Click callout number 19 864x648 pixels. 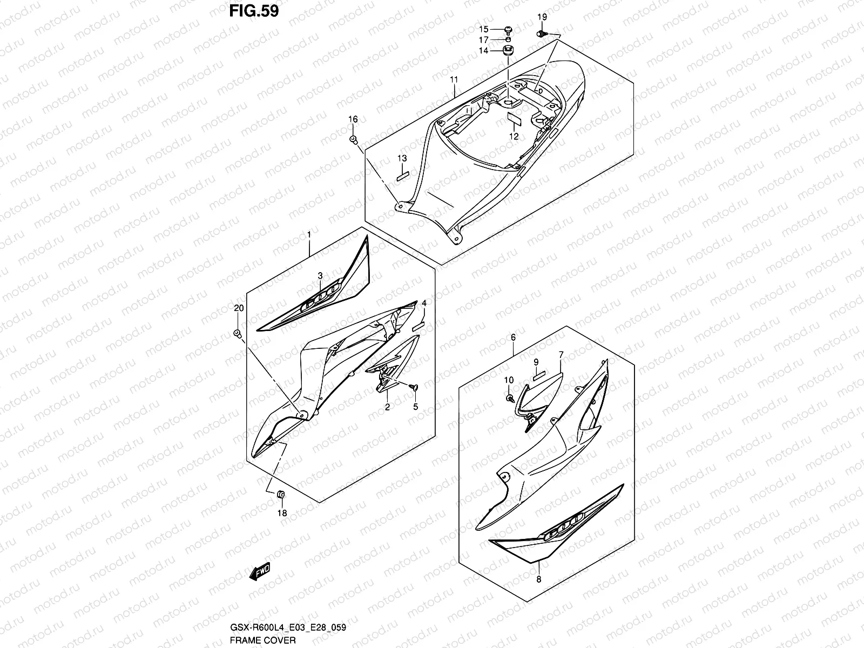coord(542,18)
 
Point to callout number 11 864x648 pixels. coord(454,80)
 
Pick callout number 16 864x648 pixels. coord(353,119)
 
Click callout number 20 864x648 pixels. coord(238,308)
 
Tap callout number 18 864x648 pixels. coord(282,513)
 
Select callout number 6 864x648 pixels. coord(513,337)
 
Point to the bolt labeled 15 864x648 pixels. coord(508,29)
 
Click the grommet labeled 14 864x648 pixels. coord(508,51)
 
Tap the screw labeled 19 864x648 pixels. coord(541,34)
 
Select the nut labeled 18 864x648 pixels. coord(280,494)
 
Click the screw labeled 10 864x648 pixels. coord(510,398)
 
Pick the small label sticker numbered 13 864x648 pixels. coord(403,175)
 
